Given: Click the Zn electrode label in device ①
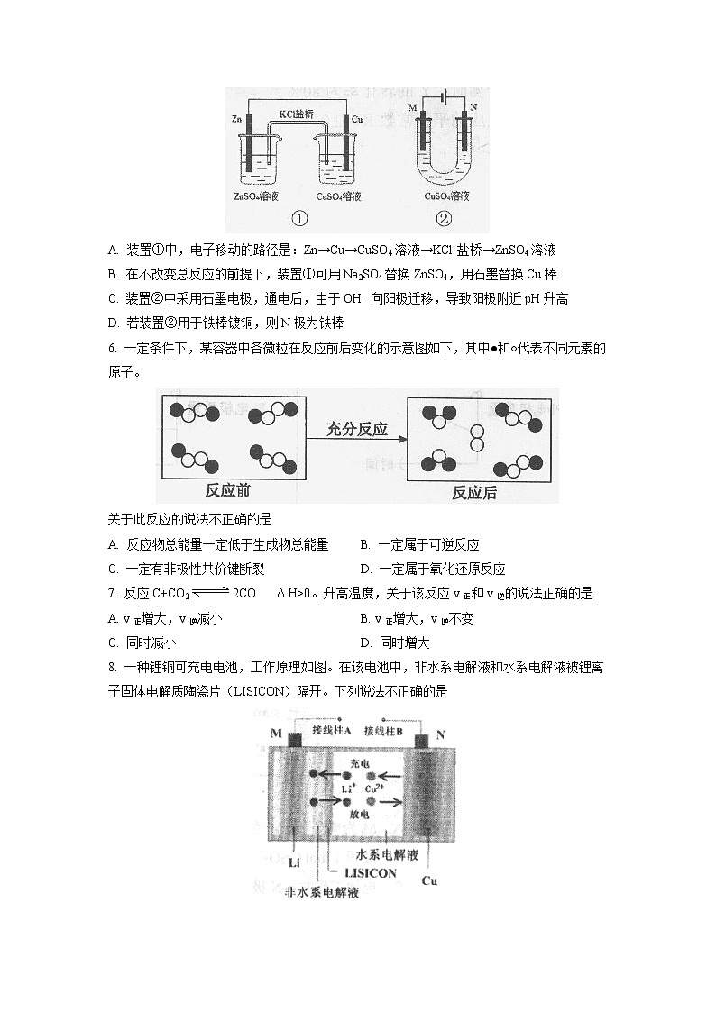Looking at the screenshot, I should click(x=236, y=119).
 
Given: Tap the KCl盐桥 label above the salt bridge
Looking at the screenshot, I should click(x=297, y=114).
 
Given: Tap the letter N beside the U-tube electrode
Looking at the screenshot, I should click(x=473, y=108).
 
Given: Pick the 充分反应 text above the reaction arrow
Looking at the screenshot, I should click(x=357, y=429).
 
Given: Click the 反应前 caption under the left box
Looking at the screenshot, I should click(x=227, y=490).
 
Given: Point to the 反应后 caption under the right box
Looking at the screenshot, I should click(x=473, y=492).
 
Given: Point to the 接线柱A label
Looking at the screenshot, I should click(x=331, y=730).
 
